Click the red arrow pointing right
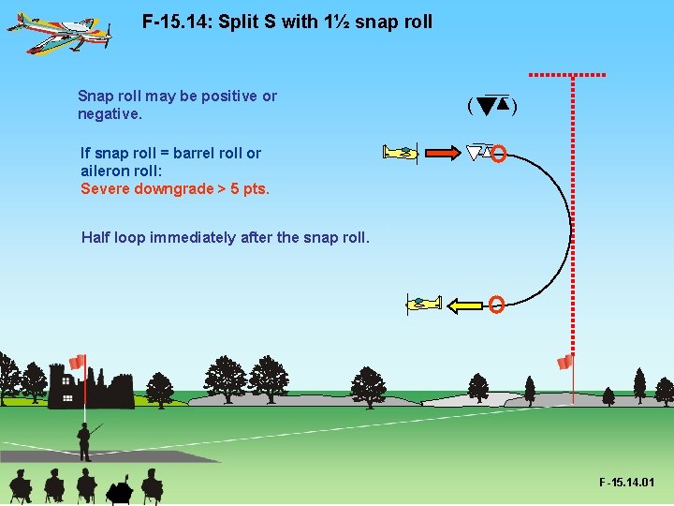tap(440, 153)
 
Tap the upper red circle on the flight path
tap(499, 154)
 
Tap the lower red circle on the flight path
tap(497, 304)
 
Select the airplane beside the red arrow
tap(400, 153)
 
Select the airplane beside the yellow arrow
tap(423, 304)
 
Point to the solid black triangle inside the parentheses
tap(485, 105)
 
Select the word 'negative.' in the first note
tap(110, 114)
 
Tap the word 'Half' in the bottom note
tap(96, 237)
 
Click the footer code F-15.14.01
tap(626, 483)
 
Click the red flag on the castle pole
tap(78, 362)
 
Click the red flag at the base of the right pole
tap(564, 362)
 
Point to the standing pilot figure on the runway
tap(85, 439)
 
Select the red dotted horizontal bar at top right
tap(566, 74)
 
